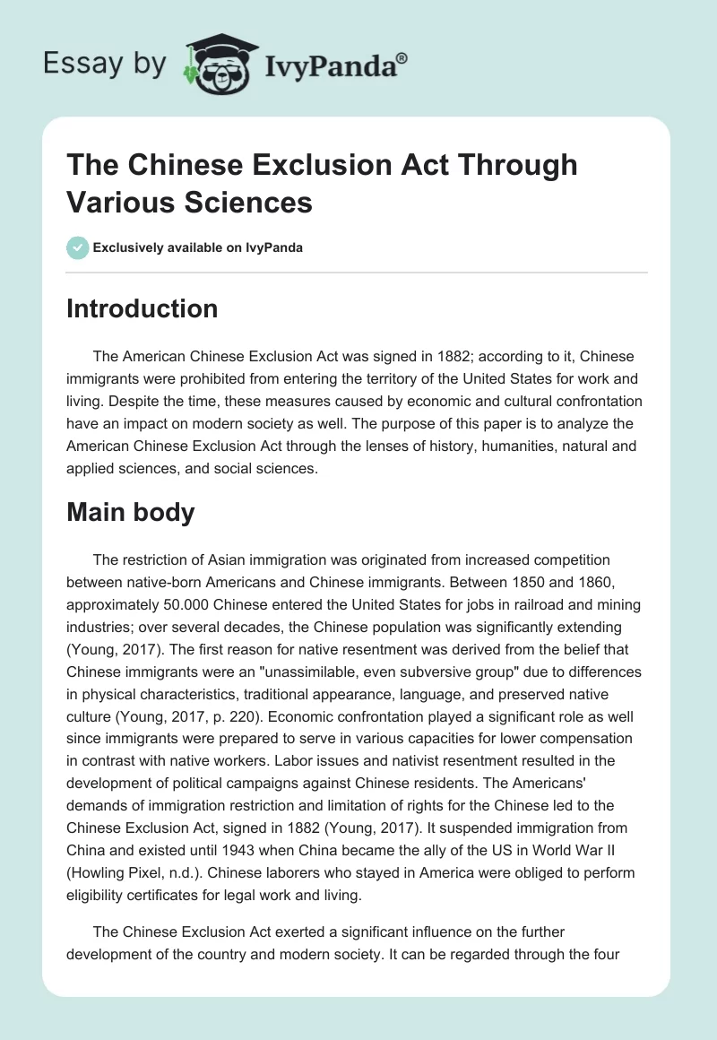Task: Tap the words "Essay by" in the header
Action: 106,65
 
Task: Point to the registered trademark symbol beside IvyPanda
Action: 402,58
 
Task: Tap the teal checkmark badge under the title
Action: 77,248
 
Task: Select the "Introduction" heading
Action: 142,308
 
